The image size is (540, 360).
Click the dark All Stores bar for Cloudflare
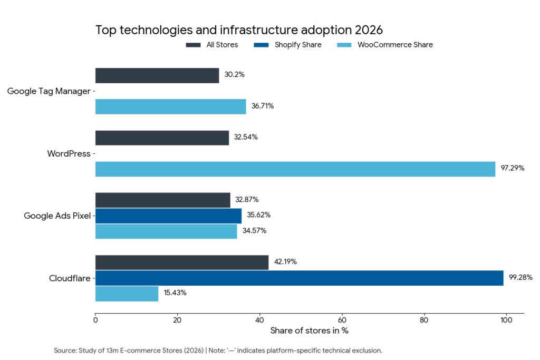point(181,262)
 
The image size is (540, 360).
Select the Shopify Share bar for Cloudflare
point(299,278)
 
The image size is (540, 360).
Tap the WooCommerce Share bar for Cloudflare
point(127,293)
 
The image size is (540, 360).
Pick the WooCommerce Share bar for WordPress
point(295,169)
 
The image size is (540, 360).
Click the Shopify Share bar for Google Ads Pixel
point(168,216)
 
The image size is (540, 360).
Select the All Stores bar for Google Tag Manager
point(157,75)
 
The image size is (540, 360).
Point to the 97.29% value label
point(512,169)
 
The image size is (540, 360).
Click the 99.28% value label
point(520,277)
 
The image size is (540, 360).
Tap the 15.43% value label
point(175,293)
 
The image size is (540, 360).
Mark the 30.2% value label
point(234,75)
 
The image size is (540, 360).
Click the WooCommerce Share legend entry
point(394,45)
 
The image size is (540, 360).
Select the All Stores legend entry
point(222,45)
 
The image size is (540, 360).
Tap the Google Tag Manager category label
point(49,91)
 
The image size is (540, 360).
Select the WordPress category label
point(69,154)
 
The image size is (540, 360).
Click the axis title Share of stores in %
point(309,331)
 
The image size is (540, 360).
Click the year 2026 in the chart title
point(368,30)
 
